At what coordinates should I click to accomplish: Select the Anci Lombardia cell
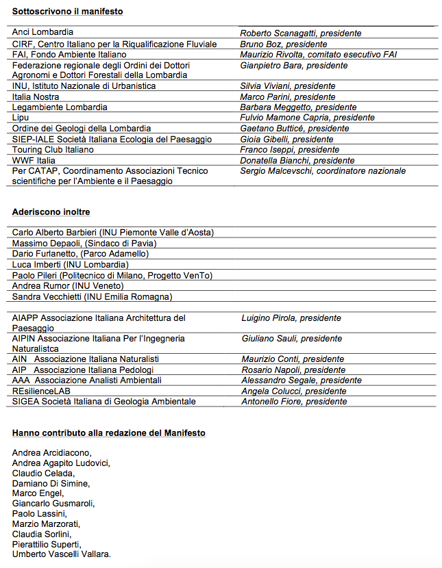coord(43,32)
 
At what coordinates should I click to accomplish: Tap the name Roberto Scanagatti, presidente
coord(300,33)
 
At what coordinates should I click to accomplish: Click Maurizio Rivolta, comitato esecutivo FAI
coord(318,54)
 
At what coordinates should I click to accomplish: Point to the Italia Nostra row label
coord(36,96)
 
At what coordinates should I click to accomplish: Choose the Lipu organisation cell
coord(21,118)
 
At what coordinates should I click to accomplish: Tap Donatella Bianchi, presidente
coord(297,160)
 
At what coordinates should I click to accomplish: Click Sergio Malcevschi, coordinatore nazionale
coord(323,170)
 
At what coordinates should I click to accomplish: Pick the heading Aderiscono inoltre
coord(51,212)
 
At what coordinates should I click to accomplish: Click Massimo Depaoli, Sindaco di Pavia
coord(84,243)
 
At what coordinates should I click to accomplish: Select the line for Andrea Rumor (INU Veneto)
coord(68,285)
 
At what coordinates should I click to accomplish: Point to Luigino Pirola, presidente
coord(291,318)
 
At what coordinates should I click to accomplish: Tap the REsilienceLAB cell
coord(42,391)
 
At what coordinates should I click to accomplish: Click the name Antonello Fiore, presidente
coord(294,401)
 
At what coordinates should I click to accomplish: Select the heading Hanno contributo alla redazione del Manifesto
coord(108,433)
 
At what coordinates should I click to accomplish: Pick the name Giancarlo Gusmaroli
coord(53,503)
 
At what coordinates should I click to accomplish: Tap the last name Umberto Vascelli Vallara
coord(62,554)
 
